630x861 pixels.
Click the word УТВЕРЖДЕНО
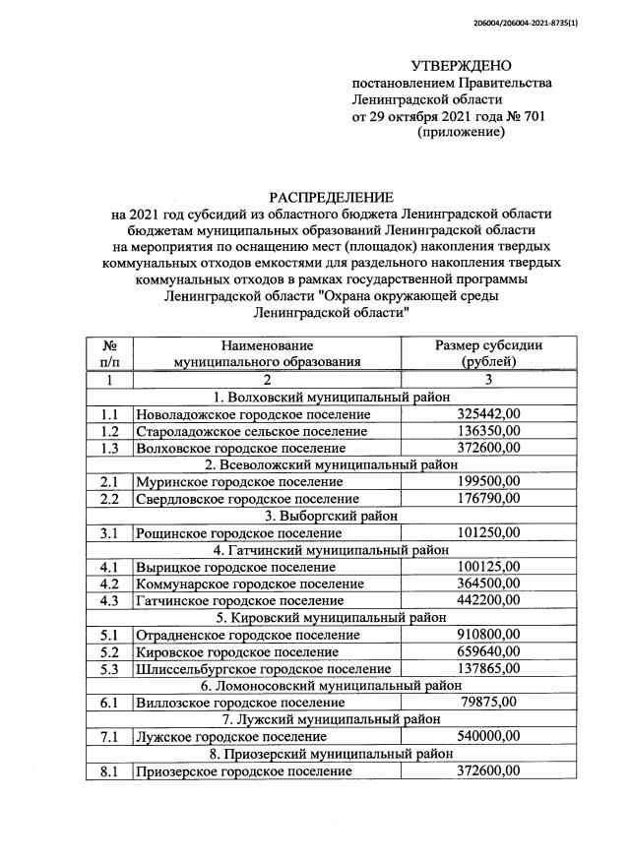(x=461, y=65)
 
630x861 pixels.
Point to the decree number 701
(x=535, y=116)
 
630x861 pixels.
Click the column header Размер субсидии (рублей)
(x=488, y=352)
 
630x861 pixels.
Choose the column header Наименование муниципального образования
(x=267, y=352)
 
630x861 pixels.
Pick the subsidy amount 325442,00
(x=488, y=414)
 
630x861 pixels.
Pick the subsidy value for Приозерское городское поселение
(x=488, y=771)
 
